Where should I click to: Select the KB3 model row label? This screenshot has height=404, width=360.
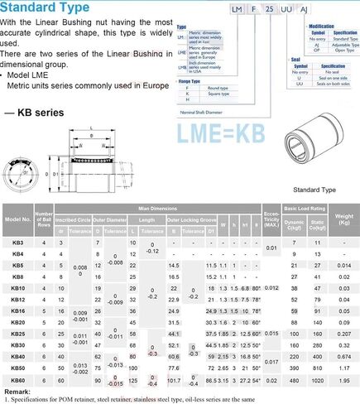click(x=18, y=242)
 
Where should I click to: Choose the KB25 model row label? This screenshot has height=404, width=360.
click(x=18, y=333)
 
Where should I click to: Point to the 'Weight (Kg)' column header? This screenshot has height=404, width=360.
click(x=343, y=219)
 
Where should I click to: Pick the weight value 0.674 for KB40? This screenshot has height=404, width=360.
click(x=343, y=356)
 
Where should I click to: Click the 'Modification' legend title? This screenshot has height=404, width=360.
click(x=322, y=26)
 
